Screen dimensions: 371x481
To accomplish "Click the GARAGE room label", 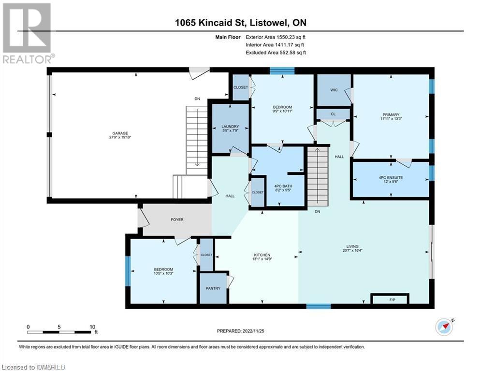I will pyautogui.click(x=120, y=133).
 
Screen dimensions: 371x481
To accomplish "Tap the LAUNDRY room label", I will pyautogui.click(x=231, y=127).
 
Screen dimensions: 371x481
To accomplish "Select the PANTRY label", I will pyautogui.click(x=213, y=288).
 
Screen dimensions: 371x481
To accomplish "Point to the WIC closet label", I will pyautogui.click(x=334, y=90).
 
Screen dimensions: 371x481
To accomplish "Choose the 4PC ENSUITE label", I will pyautogui.click(x=391, y=177).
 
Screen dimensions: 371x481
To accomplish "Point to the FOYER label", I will pyautogui.click(x=177, y=220).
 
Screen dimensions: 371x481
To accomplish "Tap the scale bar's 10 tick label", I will pyautogui.click(x=92, y=327).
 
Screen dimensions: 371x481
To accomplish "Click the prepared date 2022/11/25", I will pyautogui.click(x=243, y=331).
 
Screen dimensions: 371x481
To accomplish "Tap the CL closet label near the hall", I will pyautogui.click(x=333, y=114).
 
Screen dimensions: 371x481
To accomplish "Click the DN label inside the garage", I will pyautogui.click(x=197, y=99).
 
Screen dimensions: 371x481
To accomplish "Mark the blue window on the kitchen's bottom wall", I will pyautogui.click(x=319, y=305).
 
